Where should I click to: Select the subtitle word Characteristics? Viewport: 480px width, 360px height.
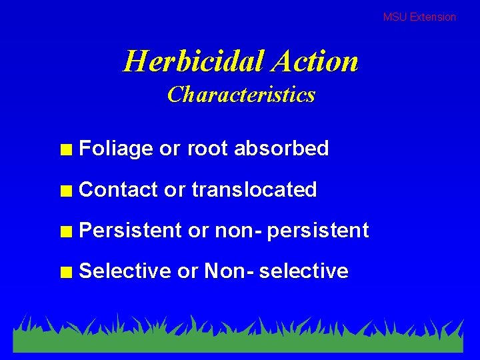(x=241, y=95)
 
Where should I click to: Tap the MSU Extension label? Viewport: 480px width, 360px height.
(x=419, y=17)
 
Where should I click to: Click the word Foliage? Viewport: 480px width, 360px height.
(x=116, y=149)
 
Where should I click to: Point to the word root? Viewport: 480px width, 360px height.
(x=209, y=149)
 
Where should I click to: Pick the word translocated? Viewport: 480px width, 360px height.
(x=254, y=190)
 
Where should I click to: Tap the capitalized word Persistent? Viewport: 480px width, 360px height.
(x=130, y=231)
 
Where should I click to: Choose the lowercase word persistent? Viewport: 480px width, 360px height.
(x=319, y=231)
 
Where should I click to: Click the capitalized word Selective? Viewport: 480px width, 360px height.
(x=125, y=271)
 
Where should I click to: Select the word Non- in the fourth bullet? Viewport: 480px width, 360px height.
(x=229, y=271)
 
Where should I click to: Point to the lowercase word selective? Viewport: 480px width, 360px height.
(x=303, y=271)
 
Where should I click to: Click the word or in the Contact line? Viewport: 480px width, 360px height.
(x=174, y=190)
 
